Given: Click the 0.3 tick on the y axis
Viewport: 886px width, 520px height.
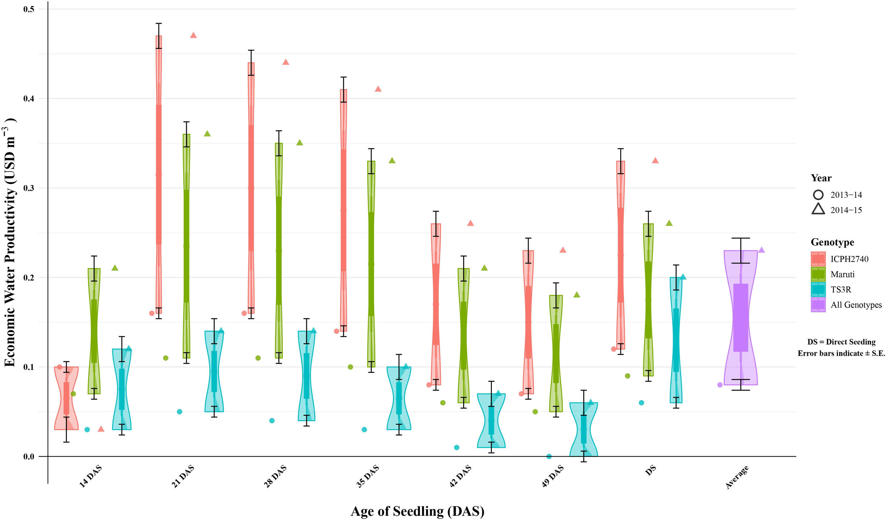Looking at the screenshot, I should tap(29, 188).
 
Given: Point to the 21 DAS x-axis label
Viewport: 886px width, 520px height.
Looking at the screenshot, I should tap(183, 476).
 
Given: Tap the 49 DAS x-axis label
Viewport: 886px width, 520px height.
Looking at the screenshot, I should tap(553, 476).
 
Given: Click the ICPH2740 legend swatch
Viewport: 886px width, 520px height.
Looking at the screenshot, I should tap(818, 259).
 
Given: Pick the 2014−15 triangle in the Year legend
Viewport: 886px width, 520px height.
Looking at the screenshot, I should tap(818, 209).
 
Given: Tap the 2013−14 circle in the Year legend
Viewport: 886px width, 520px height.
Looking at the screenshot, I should tap(818, 195).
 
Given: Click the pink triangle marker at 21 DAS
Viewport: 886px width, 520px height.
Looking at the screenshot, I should tap(193, 35).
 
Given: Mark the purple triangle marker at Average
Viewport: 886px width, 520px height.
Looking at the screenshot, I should tap(761, 250).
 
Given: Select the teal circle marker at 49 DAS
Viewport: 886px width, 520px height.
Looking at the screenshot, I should tap(549, 456).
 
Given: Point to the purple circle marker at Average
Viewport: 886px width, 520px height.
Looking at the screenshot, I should tap(720, 385).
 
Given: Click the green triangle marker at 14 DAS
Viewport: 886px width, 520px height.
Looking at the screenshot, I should tap(115, 268).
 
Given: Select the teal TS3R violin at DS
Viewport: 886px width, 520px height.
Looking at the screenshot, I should tap(676, 340).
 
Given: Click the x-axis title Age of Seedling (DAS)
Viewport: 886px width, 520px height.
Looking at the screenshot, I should tap(417, 511).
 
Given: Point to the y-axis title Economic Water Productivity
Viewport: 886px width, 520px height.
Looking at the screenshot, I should tap(10, 245).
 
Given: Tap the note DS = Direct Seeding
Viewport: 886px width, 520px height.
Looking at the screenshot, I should tap(841, 342).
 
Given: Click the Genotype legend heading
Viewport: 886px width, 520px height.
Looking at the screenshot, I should tap(832, 242).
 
